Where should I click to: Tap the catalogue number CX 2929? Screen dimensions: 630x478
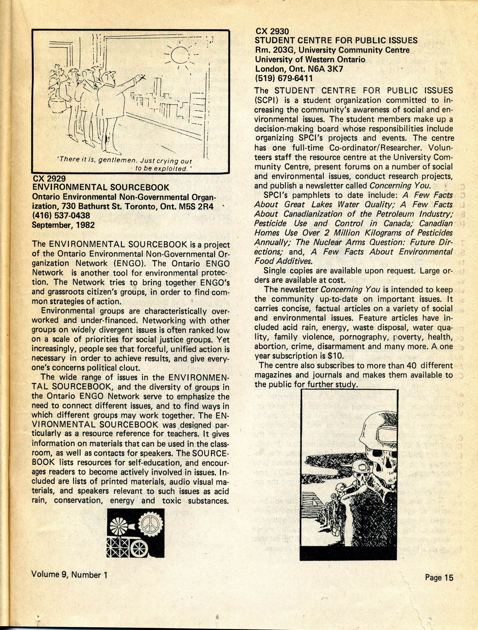pos(49,179)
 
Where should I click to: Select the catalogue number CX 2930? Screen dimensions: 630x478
pos(272,31)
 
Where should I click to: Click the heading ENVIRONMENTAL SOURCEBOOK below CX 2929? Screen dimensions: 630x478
pos(100,188)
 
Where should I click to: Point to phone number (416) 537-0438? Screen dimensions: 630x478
pos(61,216)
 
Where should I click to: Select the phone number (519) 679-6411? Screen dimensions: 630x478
pos(284,78)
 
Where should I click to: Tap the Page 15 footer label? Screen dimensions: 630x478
pos(439,577)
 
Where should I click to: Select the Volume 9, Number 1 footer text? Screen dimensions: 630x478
pos(69,575)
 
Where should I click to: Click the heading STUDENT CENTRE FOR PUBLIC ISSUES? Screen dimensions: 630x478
pos(336,40)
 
